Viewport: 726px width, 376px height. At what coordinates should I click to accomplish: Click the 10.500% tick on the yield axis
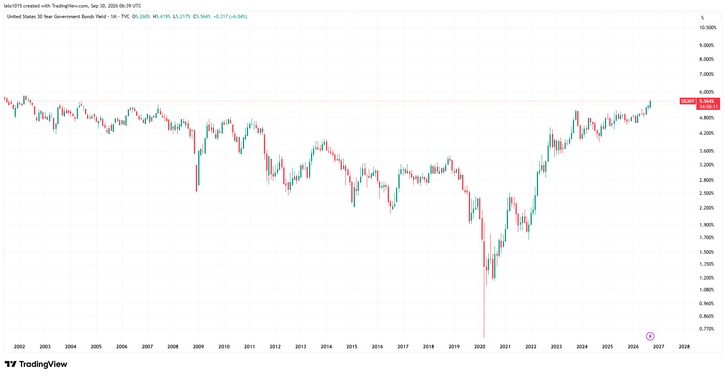[x=708, y=28]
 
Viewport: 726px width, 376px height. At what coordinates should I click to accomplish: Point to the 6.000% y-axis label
[x=707, y=92]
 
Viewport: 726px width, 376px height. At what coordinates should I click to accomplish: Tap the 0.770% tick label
[x=707, y=329]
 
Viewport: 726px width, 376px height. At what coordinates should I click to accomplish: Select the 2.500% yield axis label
[x=707, y=193]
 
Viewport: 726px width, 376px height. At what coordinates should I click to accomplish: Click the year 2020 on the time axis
[x=480, y=347]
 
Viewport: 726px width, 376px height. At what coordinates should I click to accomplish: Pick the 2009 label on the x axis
[x=198, y=347]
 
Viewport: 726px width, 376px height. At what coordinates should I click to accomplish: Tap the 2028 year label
[x=684, y=347]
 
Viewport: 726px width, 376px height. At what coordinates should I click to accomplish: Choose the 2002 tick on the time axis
[x=19, y=347]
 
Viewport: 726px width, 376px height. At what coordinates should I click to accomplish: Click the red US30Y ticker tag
[x=688, y=101]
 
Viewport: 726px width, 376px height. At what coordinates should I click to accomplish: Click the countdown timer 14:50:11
[x=708, y=107]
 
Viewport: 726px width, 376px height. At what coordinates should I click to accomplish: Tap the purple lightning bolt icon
[x=650, y=336]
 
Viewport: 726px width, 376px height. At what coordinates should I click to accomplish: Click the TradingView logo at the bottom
[x=36, y=364]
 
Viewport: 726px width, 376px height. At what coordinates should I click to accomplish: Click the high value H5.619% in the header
[x=162, y=17]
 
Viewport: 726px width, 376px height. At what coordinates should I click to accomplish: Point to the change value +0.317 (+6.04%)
[x=230, y=17]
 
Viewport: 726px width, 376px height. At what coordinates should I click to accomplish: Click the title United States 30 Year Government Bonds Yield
[x=57, y=17]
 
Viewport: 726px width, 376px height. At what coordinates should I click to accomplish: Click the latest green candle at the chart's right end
[x=650, y=104]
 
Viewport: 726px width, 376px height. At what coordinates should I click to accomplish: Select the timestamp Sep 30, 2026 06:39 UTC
[x=116, y=6]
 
